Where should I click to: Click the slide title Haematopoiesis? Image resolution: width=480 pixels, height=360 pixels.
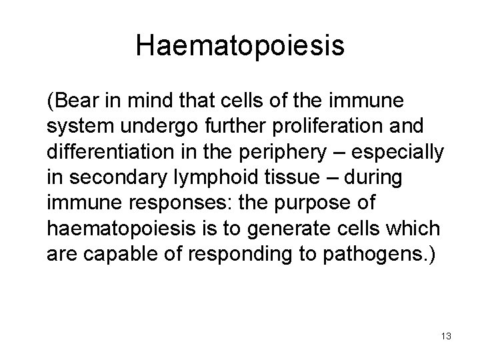(240, 46)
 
